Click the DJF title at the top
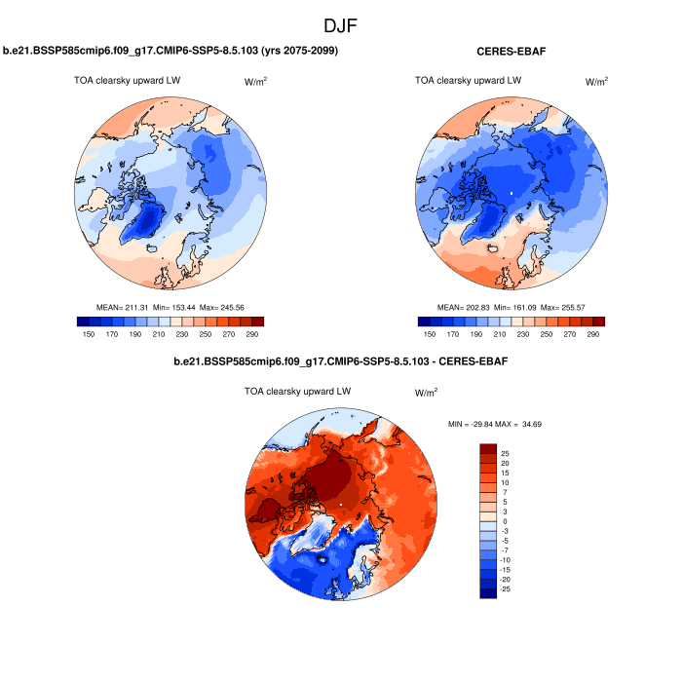(341, 25)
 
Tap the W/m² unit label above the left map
(256, 82)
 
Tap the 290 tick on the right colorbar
(593, 333)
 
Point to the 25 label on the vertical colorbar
(507, 454)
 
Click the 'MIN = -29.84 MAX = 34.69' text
(510, 425)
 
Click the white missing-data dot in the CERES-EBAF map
(510, 194)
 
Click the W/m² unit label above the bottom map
(426, 394)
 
